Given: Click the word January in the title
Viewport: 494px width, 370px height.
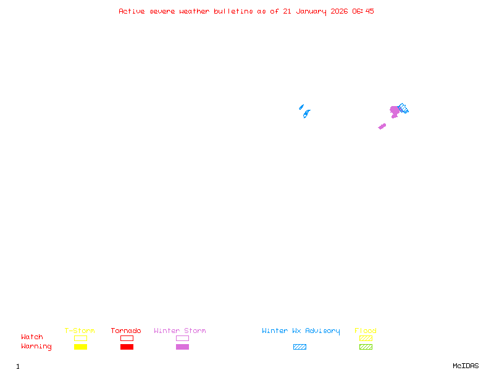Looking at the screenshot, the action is tap(311, 12).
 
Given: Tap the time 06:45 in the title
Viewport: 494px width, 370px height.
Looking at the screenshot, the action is tap(363, 11).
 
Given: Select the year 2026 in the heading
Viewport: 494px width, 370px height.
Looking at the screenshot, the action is tap(339, 11).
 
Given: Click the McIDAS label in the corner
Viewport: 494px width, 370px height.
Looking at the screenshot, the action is tap(466, 366).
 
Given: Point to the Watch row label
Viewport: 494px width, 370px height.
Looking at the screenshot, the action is tap(32, 337).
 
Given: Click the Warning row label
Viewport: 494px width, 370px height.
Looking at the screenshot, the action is tap(36, 347).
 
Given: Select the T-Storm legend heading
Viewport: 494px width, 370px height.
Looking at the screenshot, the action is tap(80, 331).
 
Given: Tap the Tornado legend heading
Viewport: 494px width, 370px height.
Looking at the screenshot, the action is tap(126, 331).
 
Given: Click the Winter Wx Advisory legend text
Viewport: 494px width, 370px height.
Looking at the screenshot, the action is tap(301, 331).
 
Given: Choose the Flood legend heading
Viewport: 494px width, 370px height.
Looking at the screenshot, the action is tap(366, 331).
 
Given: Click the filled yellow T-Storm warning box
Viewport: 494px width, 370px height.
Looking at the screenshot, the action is tap(81, 347).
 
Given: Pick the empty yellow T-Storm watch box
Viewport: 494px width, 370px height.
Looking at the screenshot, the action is tap(81, 338).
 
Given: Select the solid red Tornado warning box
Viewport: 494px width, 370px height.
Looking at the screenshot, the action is tap(127, 347).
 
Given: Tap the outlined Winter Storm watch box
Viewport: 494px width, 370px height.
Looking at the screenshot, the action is tap(182, 338).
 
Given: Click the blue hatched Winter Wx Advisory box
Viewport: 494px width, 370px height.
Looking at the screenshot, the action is tap(299, 347).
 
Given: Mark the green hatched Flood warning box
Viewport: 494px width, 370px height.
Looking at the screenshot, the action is tap(366, 347).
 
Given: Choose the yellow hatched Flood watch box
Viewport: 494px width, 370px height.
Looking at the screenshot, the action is tap(366, 338).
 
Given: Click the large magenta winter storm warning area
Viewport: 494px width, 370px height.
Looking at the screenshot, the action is tap(395, 112).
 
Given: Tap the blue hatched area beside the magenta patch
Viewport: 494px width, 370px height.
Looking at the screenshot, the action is tap(403, 109).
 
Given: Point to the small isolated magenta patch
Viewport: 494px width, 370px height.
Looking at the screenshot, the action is tap(382, 126).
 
